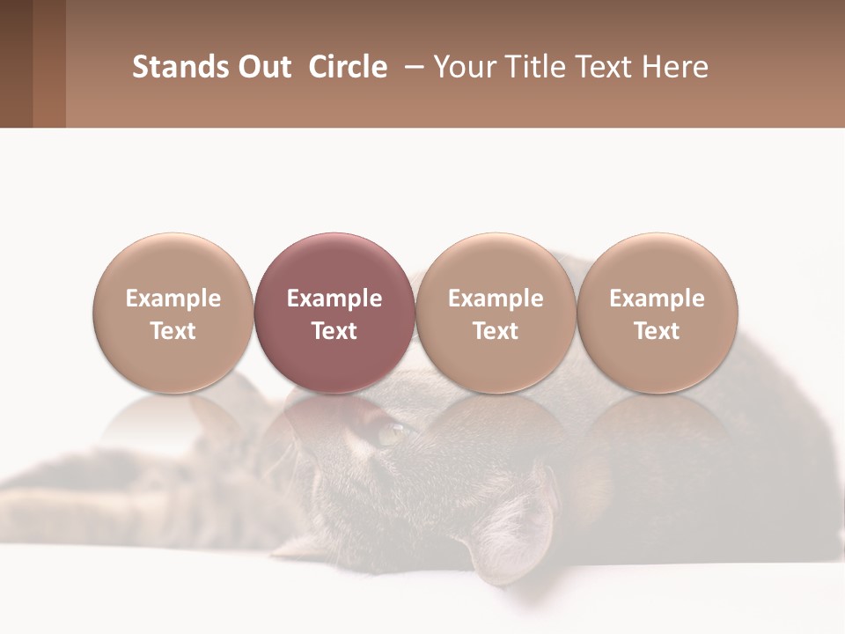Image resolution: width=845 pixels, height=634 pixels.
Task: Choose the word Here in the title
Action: (676, 67)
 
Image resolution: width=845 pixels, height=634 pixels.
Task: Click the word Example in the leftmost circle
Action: (173, 299)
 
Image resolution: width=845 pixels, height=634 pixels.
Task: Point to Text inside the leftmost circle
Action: (173, 331)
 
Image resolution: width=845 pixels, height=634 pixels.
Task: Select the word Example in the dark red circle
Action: (334, 299)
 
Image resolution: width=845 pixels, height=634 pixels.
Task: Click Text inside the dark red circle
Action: (334, 331)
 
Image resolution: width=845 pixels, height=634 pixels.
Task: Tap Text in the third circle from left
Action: (496, 331)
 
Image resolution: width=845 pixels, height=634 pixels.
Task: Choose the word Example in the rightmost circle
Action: (657, 299)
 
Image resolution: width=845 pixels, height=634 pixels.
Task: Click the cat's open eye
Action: (390, 433)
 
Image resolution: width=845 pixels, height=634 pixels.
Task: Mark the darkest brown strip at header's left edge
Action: (16, 63)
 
